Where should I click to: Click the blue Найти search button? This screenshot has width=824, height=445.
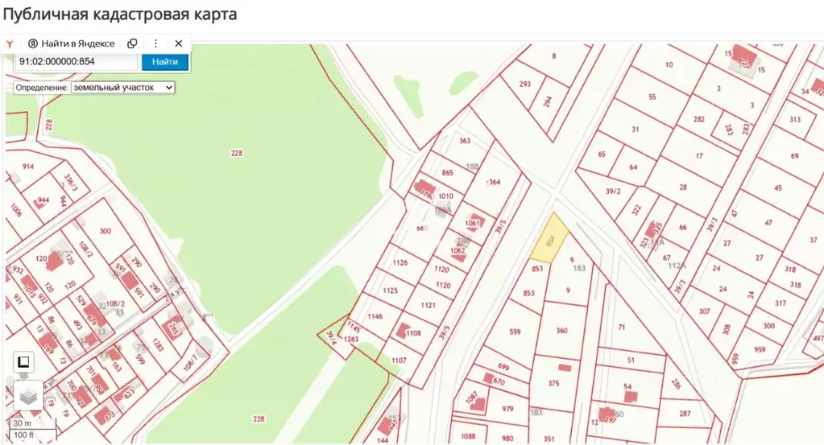[164, 61]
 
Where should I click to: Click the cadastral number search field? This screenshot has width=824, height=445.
[76, 61]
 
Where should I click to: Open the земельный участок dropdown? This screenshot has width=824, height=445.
[122, 86]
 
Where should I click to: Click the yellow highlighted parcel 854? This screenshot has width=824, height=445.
[550, 239]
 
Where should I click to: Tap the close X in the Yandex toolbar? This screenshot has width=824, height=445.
[179, 43]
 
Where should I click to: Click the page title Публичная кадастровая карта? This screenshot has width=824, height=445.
[119, 14]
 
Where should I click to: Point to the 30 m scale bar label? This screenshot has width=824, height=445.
[22, 423]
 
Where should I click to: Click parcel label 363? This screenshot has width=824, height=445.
[465, 141]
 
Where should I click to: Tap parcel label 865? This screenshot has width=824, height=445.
[448, 173]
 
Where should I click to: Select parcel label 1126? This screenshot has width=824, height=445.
[400, 262]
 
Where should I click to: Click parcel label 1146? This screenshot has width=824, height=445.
[375, 316]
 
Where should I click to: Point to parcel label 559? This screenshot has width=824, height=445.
[516, 331]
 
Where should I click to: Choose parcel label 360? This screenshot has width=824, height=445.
[561, 331]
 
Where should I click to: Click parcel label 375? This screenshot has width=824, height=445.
[553, 384]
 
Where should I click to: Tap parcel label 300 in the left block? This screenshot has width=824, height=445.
[105, 231]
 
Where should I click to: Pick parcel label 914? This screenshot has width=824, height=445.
[28, 167]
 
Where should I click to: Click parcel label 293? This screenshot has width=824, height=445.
[525, 84]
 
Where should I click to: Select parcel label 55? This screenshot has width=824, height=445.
[652, 97]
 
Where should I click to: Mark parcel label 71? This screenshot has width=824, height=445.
[621, 328]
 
